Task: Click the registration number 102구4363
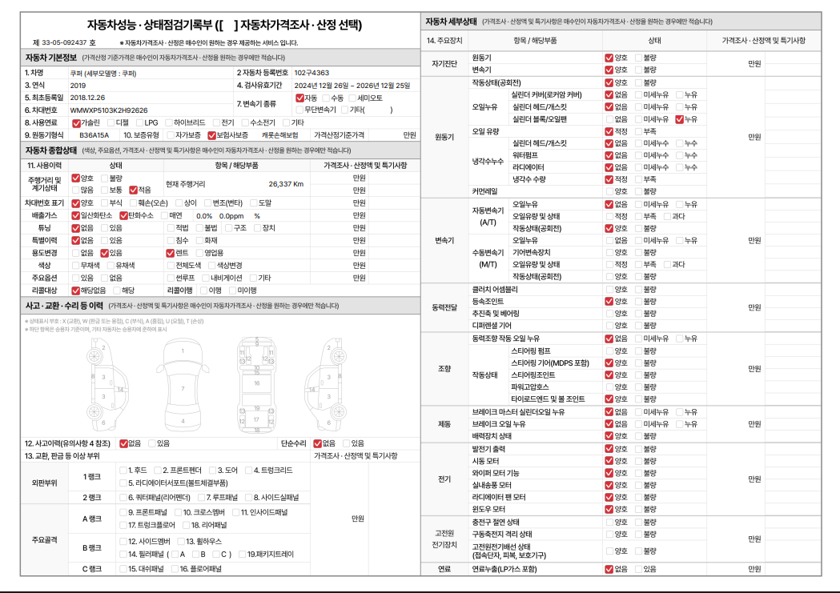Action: [311, 73]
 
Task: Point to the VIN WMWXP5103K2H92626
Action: [109, 110]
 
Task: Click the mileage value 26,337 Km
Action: [286, 184]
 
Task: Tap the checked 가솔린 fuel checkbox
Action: [76, 122]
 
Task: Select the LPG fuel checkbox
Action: [139, 122]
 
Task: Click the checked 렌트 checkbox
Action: [171, 253]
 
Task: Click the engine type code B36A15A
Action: [94, 135]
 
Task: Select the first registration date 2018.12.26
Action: [87, 97]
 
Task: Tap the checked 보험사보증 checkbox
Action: [211, 135]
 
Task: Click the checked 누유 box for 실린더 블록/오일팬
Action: [680, 119]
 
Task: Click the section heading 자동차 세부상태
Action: [451, 21]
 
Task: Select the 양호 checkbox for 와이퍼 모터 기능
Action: [609, 473]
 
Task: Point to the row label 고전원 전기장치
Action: [444, 539]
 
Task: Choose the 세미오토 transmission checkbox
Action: [353, 98]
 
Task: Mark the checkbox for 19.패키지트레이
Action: [242, 554]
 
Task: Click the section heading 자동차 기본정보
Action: [50, 58]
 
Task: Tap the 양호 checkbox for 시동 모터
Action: [609, 461]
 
